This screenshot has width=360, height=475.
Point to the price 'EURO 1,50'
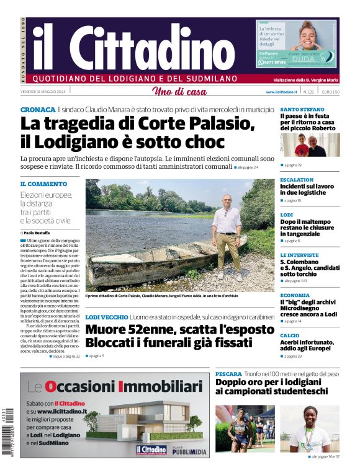(x=330, y=92)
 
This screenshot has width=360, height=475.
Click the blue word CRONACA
(x=37, y=109)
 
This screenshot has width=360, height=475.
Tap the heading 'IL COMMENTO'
(x=43, y=184)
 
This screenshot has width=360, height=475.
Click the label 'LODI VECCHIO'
(x=106, y=317)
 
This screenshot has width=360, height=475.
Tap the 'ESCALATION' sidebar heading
(x=297, y=180)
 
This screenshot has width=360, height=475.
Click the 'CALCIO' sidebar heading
(x=289, y=335)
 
